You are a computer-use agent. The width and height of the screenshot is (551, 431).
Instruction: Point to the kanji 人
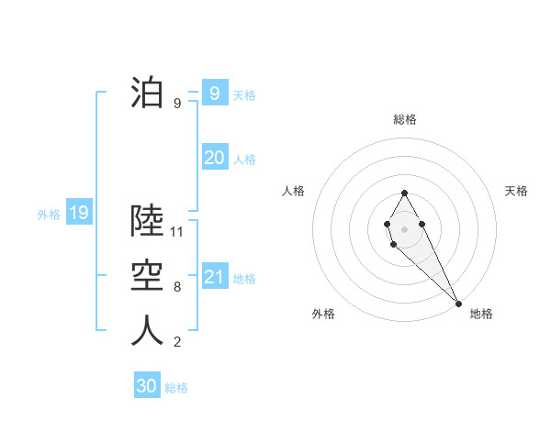pos(147,331)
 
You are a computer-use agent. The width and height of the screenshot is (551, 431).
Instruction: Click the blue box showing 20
pos(214,158)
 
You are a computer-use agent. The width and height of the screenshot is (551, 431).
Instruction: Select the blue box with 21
pos(214,276)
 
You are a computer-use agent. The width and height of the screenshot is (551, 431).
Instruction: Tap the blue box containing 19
pos(78,214)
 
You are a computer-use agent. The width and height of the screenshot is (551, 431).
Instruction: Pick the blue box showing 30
pos(147,386)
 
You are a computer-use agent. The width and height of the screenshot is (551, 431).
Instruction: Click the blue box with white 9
pos(214,93)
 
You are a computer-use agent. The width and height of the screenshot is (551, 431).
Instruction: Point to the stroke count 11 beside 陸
pos(178,232)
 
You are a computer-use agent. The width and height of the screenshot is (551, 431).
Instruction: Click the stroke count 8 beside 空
pos(177,287)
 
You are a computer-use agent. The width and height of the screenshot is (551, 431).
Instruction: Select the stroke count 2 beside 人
pos(177,342)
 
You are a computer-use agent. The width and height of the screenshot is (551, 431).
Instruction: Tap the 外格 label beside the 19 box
pos(49,215)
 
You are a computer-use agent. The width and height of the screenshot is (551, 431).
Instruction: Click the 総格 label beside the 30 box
pos(176,388)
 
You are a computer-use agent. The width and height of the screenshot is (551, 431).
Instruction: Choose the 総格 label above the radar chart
pos(404,119)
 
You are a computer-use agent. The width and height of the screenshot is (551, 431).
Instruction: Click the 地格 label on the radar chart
pos(481,314)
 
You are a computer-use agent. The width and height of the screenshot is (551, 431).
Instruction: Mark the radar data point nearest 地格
pos(458,303)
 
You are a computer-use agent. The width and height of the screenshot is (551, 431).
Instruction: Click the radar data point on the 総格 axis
pos(404,193)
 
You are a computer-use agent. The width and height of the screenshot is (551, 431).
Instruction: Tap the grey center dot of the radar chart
pos(404,227)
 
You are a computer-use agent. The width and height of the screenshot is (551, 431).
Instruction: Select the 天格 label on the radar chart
pos(517,191)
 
